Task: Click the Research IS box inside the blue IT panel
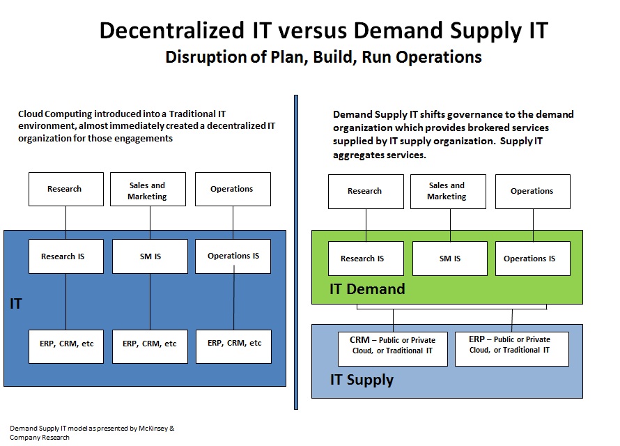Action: pos(66,256)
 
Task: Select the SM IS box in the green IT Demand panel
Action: pos(450,259)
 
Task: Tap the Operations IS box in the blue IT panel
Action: pos(233,256)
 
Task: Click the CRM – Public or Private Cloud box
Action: pos(393,349)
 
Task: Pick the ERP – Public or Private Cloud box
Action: pos(512,349)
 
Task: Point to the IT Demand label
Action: pos(367,289)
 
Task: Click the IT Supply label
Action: pos(362,380)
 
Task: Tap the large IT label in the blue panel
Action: pos(16,304)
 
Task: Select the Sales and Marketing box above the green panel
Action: pos(448,192)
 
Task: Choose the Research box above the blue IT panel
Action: pos(66,189)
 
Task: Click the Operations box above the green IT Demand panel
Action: pos(533,192)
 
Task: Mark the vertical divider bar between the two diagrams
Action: pos(296,252)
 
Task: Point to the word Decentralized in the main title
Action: pos(172,31)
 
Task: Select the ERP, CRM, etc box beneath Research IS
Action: pos(66,347)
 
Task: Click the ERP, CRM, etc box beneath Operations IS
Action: pos(233,347)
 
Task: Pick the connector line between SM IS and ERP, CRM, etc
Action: pos(150,302)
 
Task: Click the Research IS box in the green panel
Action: pos(366,259)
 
